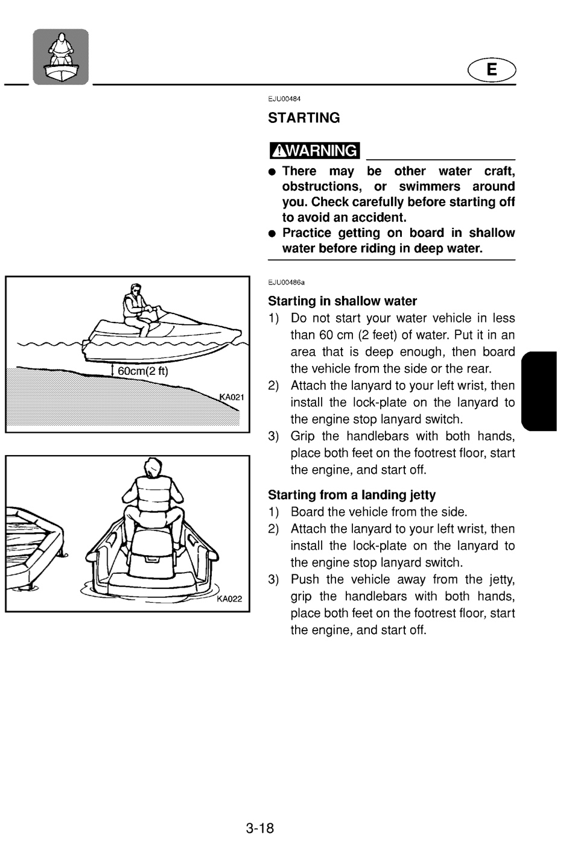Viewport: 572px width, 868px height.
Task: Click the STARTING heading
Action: point(303,118)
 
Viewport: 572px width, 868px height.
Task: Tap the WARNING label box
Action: point(314,150)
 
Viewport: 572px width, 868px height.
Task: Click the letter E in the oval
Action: point(492,70)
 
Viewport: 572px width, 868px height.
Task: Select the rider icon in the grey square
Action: point(61,57)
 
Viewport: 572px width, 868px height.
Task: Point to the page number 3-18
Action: point(260,828)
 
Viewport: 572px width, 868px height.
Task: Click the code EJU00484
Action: point(284,99)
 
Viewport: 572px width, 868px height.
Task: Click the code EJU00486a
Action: point(286,283)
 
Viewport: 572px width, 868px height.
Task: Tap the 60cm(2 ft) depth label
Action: point(143,371)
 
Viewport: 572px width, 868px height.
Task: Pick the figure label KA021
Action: point(232,397)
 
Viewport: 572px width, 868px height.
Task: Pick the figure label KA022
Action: point(229,599)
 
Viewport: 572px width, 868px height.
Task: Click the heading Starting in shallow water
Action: point(343,301)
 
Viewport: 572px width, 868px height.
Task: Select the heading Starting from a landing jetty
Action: point(352,495)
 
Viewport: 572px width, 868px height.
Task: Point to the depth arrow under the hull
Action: point(112,370)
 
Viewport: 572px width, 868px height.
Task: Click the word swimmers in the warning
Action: point(430,186)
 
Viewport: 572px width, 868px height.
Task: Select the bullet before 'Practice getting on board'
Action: point(272,233)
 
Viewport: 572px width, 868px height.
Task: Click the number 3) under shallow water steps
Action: point(273,436)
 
